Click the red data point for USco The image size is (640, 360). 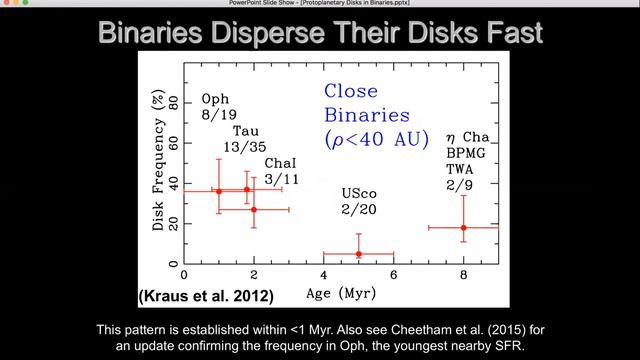click(x=359, y=254)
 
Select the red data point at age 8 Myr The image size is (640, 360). click(x=464, y=228)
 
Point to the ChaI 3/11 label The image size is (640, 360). click(x=281, y=170)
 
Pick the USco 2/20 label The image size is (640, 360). click(x=360, y=203)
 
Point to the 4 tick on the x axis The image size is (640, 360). click(x=324, y=274)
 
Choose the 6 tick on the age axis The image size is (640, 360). click(x=394, y=274)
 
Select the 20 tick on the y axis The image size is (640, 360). click(x=174, y=223)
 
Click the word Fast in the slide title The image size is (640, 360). click(x=507, y=33)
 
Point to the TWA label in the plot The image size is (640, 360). click(x=463, y=169)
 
